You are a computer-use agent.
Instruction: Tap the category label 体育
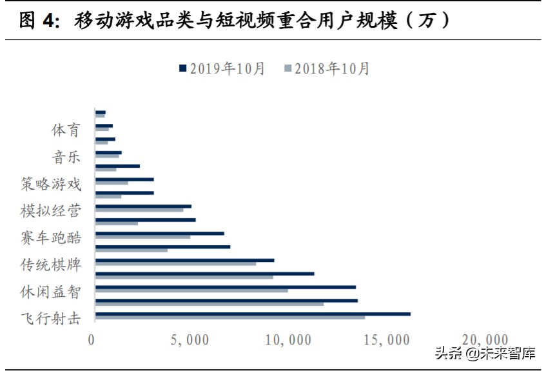click(x=66, y=130)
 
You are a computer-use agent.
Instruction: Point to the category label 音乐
click(x=66, y=157)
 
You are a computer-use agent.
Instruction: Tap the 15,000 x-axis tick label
click(x=389, y=339)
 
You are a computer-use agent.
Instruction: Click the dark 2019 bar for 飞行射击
click(x=252, y=314)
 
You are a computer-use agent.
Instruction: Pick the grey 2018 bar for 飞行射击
click(x=229, y=317)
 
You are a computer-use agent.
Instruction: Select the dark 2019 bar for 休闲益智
click(x=225, y=287)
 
